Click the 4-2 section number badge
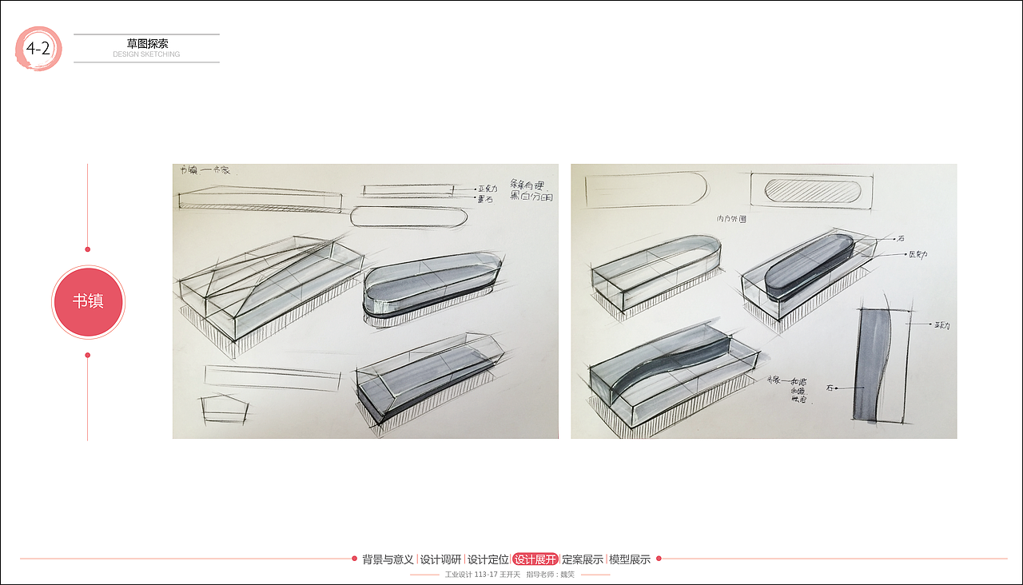click(38, 49)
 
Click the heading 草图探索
click(147, 44)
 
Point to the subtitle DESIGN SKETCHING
click(146, 54)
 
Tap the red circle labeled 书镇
click(88, 301)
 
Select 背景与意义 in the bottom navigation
click(388, 559)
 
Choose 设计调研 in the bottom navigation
click(440, 559)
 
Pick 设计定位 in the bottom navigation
click(488, 559)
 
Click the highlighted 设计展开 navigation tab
click(535, 559)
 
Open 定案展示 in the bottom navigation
click(582, 559)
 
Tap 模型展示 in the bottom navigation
click(630, 559)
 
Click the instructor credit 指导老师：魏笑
click(550, 574)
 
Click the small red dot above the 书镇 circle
click(88, 249)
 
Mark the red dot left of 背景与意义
click(354, 559)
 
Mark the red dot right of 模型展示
click(659, 559)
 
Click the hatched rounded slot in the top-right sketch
click(813, 191)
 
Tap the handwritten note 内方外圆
click(731, 218)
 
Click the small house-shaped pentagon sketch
click(224, 408)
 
